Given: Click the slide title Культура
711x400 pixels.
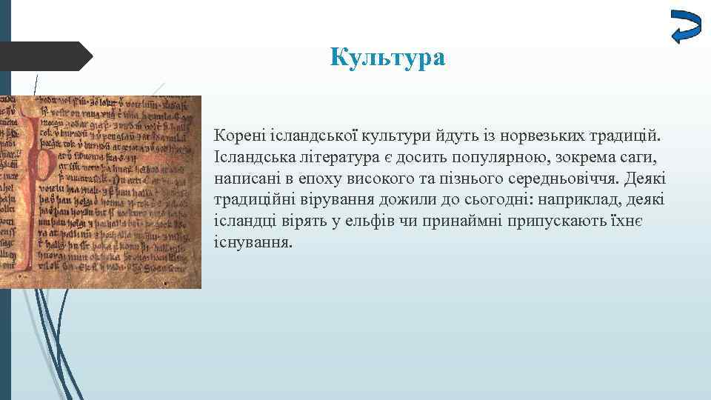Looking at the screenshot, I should [x=388, y=57].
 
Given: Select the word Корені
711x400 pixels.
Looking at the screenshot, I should [x=236, y=137].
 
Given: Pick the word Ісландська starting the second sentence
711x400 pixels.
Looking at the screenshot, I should [x=251, y=159].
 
